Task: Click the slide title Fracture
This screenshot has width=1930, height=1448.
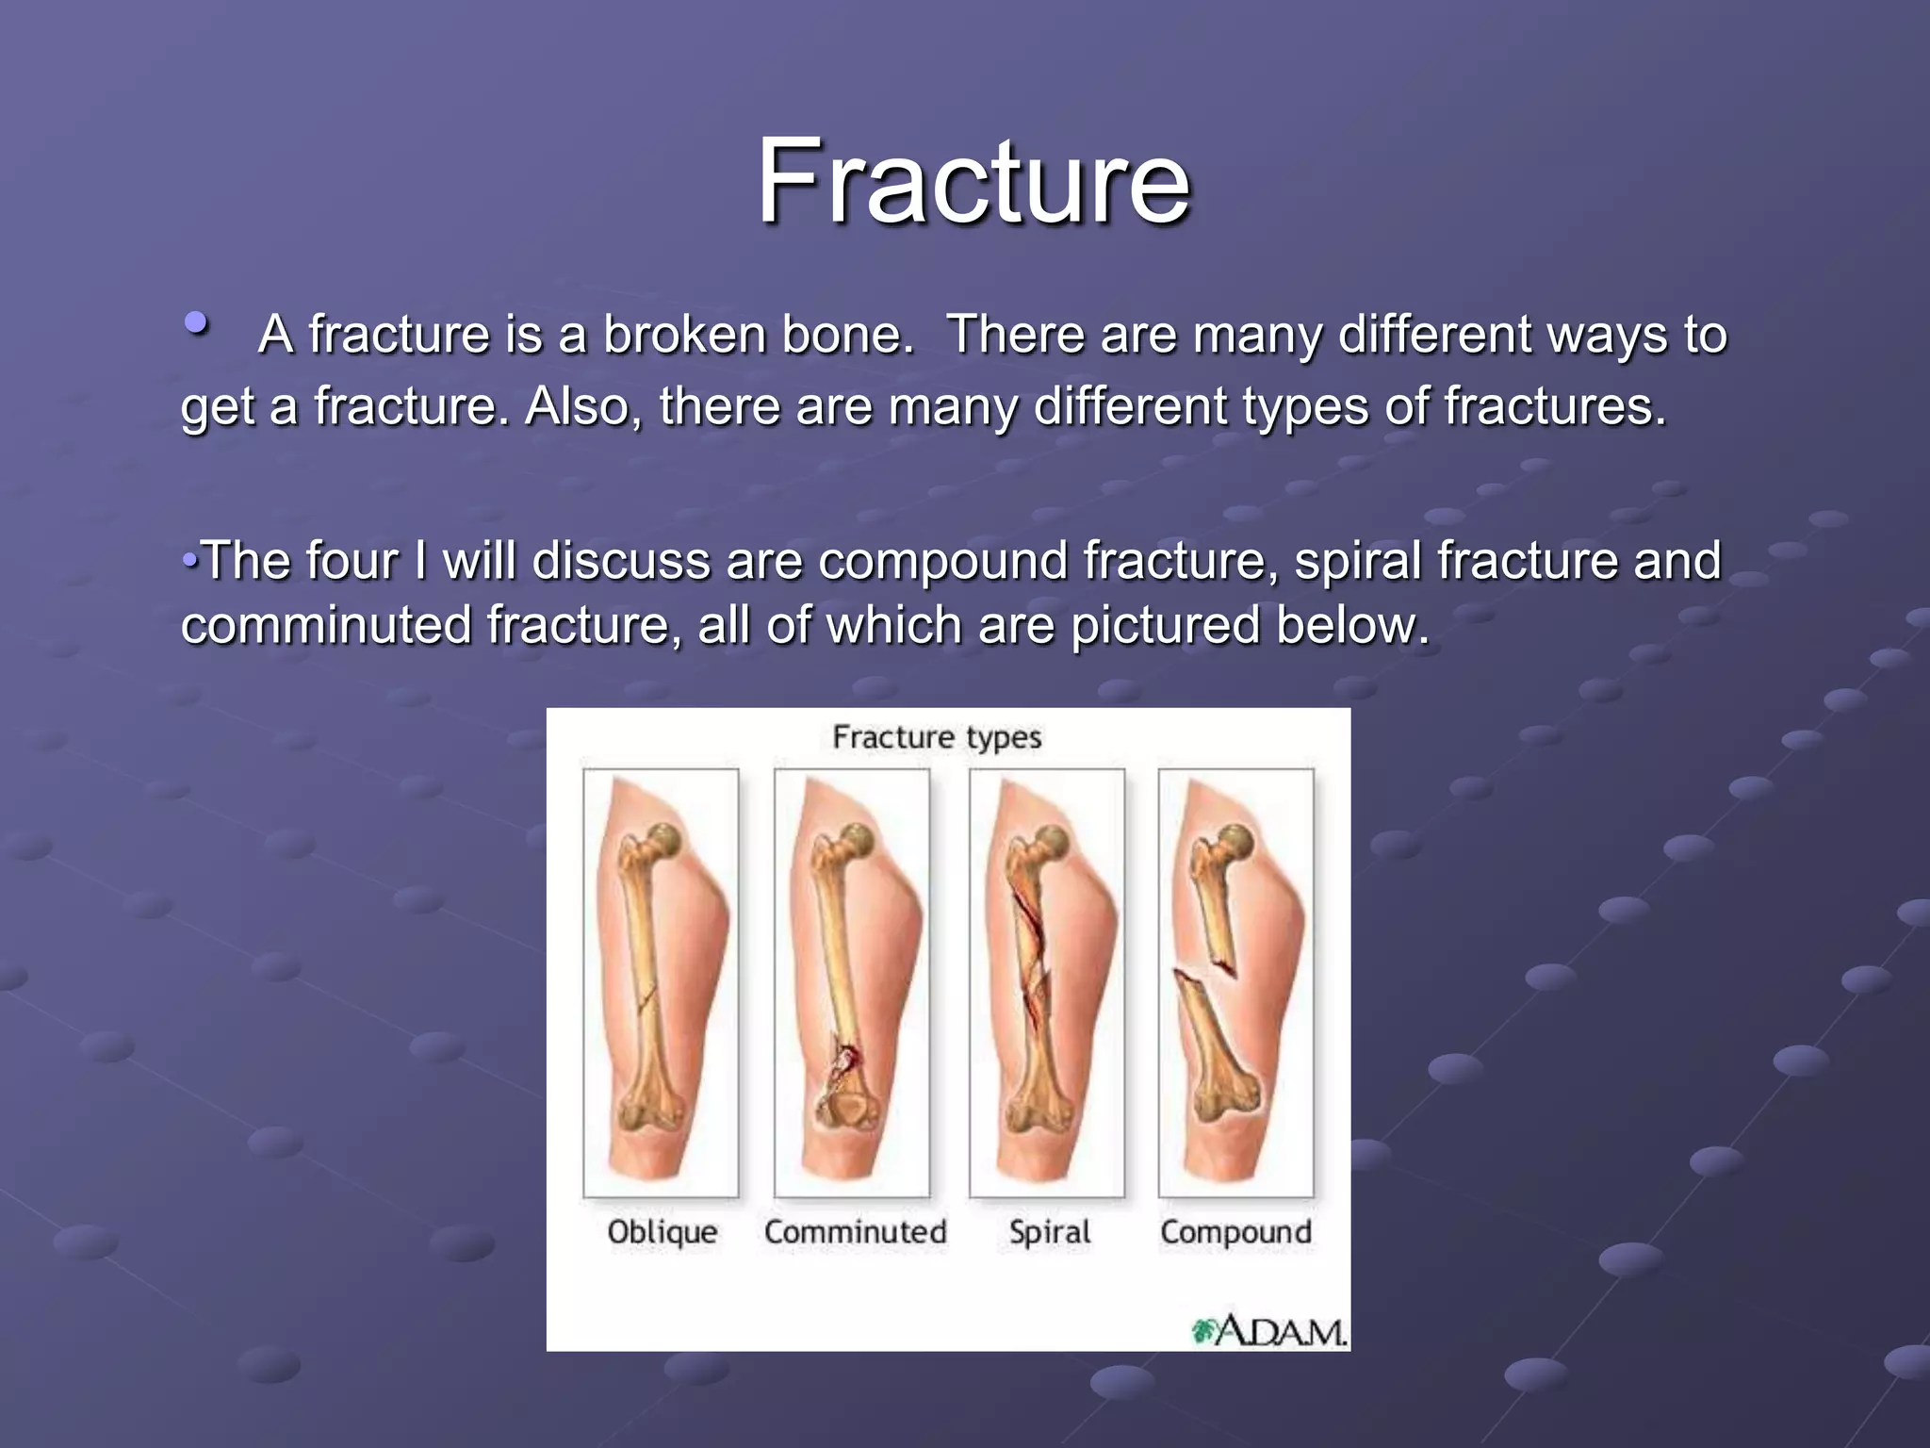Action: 974,181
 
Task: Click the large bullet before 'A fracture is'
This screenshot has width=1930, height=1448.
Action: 197,324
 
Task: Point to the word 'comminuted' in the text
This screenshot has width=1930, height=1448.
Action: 326,625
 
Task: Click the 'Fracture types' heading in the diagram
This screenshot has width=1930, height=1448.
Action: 937,736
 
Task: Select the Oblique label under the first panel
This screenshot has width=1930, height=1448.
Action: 662,1231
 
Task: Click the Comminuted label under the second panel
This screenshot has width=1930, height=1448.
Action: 855,1231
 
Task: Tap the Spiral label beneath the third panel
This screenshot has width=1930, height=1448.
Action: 1049,1231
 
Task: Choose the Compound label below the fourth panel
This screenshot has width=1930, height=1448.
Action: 1235,1231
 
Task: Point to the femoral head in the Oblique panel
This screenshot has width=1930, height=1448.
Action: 666,839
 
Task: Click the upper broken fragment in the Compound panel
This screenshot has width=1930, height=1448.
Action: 1215,905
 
